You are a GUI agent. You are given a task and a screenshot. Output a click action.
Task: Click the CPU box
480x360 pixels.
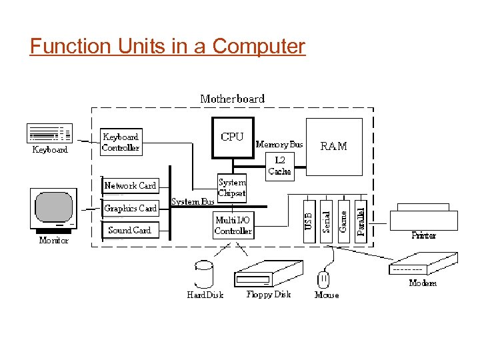(233, 138)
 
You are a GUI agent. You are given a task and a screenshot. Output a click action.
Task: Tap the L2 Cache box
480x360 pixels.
(279, 166)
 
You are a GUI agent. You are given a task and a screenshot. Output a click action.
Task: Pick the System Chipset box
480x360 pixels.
(232, 187)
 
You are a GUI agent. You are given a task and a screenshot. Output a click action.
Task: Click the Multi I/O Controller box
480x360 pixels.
(233, 225)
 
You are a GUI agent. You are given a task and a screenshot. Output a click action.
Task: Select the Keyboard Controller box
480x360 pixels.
(121, 143)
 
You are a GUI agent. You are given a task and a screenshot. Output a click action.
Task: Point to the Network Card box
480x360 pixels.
(130, 186)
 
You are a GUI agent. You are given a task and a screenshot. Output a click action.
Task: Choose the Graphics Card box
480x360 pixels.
(130, 209)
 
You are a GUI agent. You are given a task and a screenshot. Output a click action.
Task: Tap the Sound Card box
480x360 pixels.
(130, 230)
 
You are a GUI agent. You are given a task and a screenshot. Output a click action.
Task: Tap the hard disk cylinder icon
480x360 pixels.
(203, 274)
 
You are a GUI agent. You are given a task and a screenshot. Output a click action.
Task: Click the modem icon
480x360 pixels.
(423, 264)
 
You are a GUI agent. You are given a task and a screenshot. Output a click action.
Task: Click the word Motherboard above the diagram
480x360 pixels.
(232, 99)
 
